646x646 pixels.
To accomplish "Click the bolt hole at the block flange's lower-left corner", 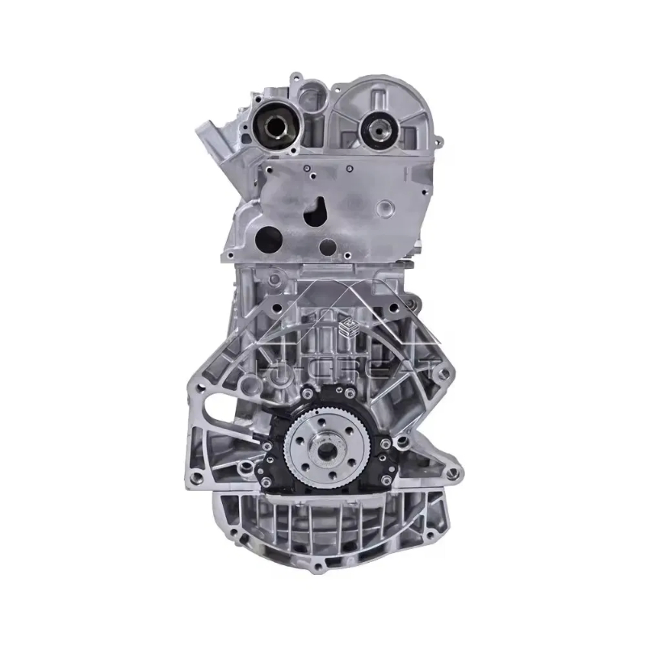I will pyautogui.click(x=196, y=482).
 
